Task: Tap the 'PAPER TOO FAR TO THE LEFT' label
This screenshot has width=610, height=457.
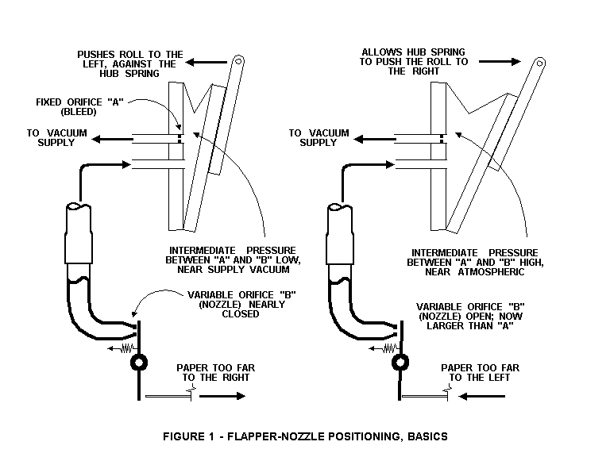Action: click(x=480, y=372)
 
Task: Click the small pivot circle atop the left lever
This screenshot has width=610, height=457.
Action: click(x=237, y=61)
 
